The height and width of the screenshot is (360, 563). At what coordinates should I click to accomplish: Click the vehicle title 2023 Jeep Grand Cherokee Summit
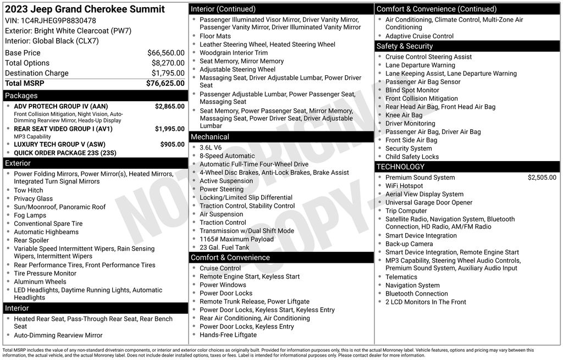click(x=85, y=9)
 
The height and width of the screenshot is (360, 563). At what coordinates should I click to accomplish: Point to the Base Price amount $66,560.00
click(x=165, y=53)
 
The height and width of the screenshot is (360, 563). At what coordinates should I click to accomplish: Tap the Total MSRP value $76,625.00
click(x=165, y=84)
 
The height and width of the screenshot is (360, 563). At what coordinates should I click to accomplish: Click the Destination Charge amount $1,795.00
click(x=168, y=73)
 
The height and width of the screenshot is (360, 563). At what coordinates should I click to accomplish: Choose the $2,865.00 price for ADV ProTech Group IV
click(x=169, y=106)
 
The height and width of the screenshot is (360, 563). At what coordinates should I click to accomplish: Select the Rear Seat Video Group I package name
click(x=63, y=129)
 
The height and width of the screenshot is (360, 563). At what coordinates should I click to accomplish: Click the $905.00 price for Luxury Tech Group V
click(x=172, y=145)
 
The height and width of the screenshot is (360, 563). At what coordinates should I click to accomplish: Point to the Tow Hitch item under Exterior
click(x=29, y=190)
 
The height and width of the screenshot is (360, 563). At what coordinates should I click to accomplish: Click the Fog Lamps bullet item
click(x=30, y=215)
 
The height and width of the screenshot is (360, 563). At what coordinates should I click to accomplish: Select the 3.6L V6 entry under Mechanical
click(x=211, y=147)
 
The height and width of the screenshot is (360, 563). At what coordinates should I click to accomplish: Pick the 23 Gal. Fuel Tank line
click(x=224, y=247)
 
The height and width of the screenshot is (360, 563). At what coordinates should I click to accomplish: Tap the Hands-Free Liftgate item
click(x=228, y=335)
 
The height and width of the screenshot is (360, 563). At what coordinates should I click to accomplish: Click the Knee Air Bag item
click(x=404, y=115)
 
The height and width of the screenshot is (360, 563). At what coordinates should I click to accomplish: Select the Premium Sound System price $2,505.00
click(x=542, y=178)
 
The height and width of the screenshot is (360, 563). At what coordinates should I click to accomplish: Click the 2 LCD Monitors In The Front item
click(x=426, y=302)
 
